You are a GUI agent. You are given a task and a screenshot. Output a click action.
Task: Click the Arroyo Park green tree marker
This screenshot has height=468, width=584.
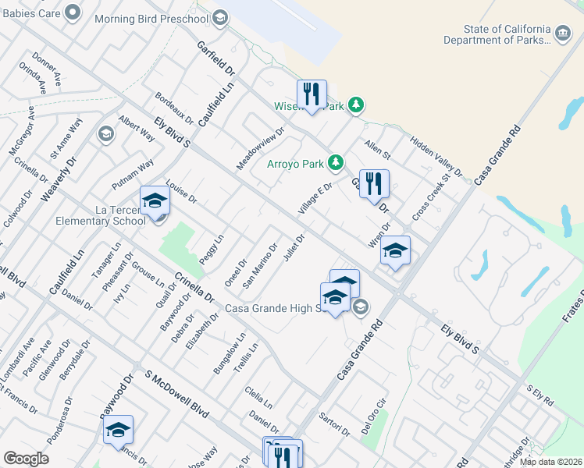336,162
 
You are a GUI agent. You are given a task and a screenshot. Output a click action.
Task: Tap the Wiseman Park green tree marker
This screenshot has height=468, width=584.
356,104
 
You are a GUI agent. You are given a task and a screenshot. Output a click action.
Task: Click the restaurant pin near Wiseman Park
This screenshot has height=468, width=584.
312,94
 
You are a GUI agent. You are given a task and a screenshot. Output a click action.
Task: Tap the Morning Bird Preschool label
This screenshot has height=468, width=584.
151,18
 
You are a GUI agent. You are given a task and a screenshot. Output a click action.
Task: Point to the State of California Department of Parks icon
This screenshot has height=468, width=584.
563,34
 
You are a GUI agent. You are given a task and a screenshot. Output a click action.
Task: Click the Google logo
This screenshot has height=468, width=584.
26,459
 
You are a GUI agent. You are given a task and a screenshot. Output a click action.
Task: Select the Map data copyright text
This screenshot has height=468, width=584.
550,462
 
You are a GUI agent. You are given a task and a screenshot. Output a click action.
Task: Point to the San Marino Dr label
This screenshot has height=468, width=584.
260,266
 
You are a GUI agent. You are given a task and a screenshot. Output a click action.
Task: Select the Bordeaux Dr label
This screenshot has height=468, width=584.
174,108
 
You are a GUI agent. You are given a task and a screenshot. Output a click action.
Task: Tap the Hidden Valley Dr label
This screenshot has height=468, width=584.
436,152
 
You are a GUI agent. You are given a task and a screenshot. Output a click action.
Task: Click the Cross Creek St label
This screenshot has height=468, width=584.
432,196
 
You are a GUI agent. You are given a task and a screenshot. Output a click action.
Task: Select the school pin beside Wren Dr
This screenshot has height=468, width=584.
395,250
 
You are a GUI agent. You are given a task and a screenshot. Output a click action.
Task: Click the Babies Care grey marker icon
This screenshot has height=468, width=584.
73,12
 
